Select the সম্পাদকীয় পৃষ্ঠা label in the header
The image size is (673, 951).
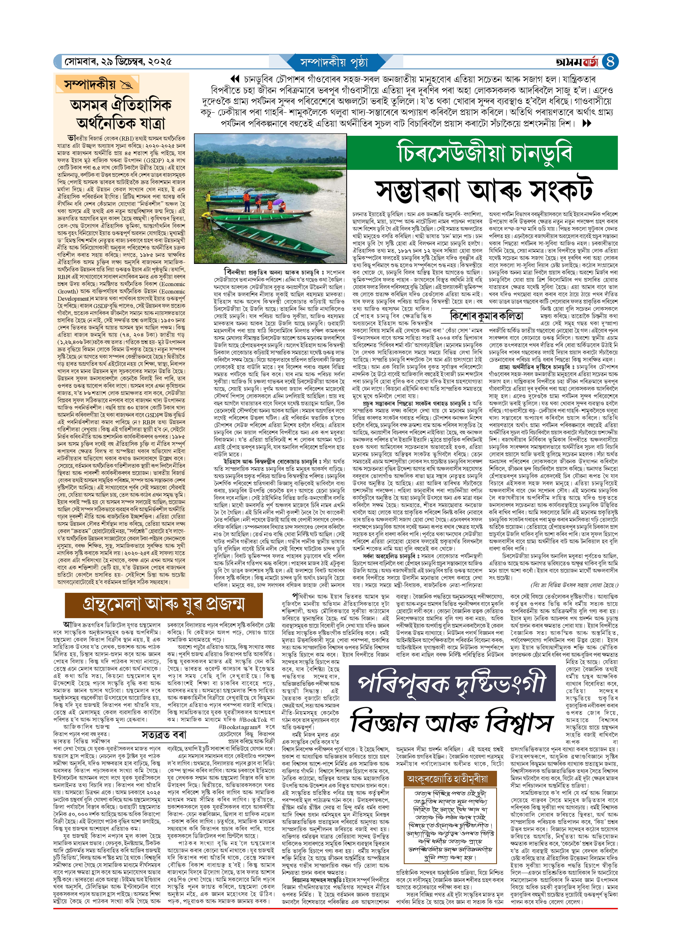334,62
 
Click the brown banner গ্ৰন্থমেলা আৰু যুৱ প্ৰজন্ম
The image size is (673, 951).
163,604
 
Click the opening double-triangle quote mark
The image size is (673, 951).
235,79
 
